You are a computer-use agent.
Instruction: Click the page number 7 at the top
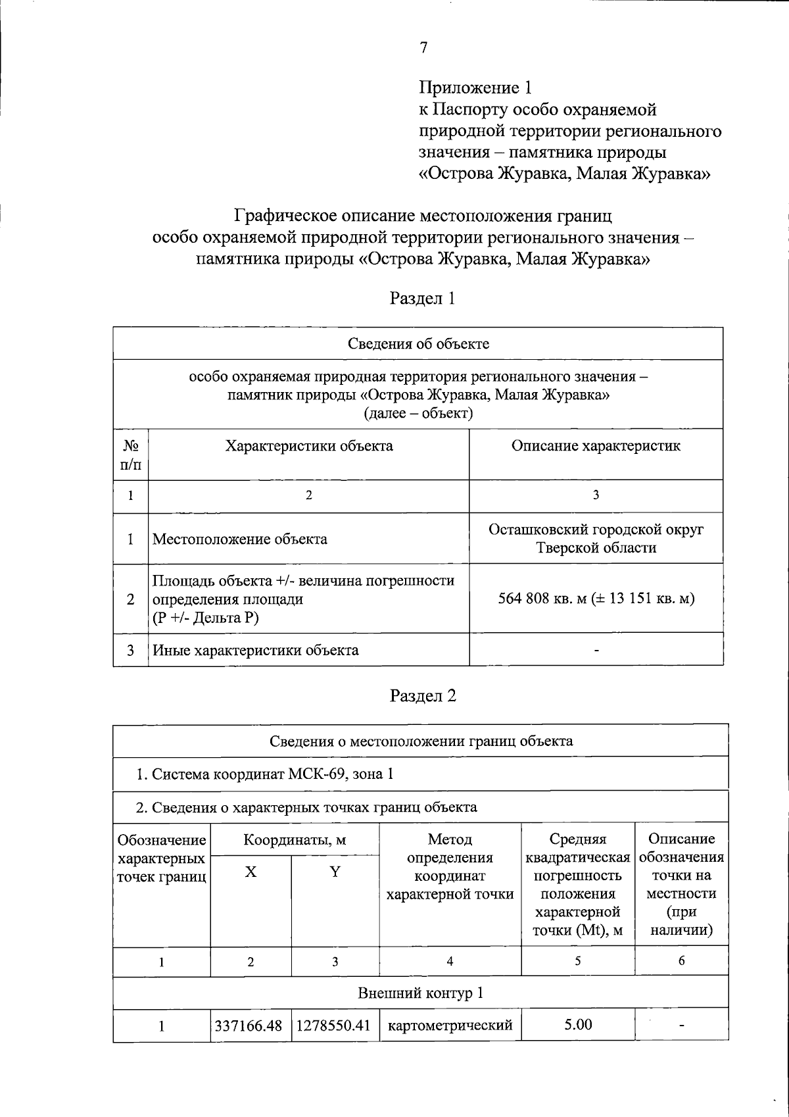click(x=423, y=47)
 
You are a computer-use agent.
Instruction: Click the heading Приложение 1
click(x=475, y=87)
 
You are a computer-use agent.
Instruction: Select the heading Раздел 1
click(x=422, y=299)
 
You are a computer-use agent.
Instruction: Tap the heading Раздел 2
click(x=422, y=696)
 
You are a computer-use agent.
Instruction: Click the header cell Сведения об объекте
click(x=418, y=343)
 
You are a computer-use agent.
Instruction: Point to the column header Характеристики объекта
click(x=309, y=446)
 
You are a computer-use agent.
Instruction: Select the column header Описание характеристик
click(x=596, y=446)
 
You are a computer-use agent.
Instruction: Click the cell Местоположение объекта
click(x=240, y=539)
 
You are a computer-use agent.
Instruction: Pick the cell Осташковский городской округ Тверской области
click(x=596, y=539)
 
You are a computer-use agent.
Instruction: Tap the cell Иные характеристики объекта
click(x=256, y=651)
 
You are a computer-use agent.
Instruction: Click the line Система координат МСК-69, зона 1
click(x=265, y=774)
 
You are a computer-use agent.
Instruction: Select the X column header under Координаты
click(x=251, y=872)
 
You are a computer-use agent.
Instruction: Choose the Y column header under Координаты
click(x=335, y=872)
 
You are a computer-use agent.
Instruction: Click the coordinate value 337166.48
click(x=249, y=1026)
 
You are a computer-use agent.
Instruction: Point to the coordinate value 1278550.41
click(x=334, y=1026)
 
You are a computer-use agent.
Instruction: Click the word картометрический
click(x=450, y=1025)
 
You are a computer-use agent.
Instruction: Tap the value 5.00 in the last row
click(x=578, y=1024)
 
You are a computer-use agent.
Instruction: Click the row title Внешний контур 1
click(x=420, y=993)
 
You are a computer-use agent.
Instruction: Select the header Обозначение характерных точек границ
click(x=162, y=858)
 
